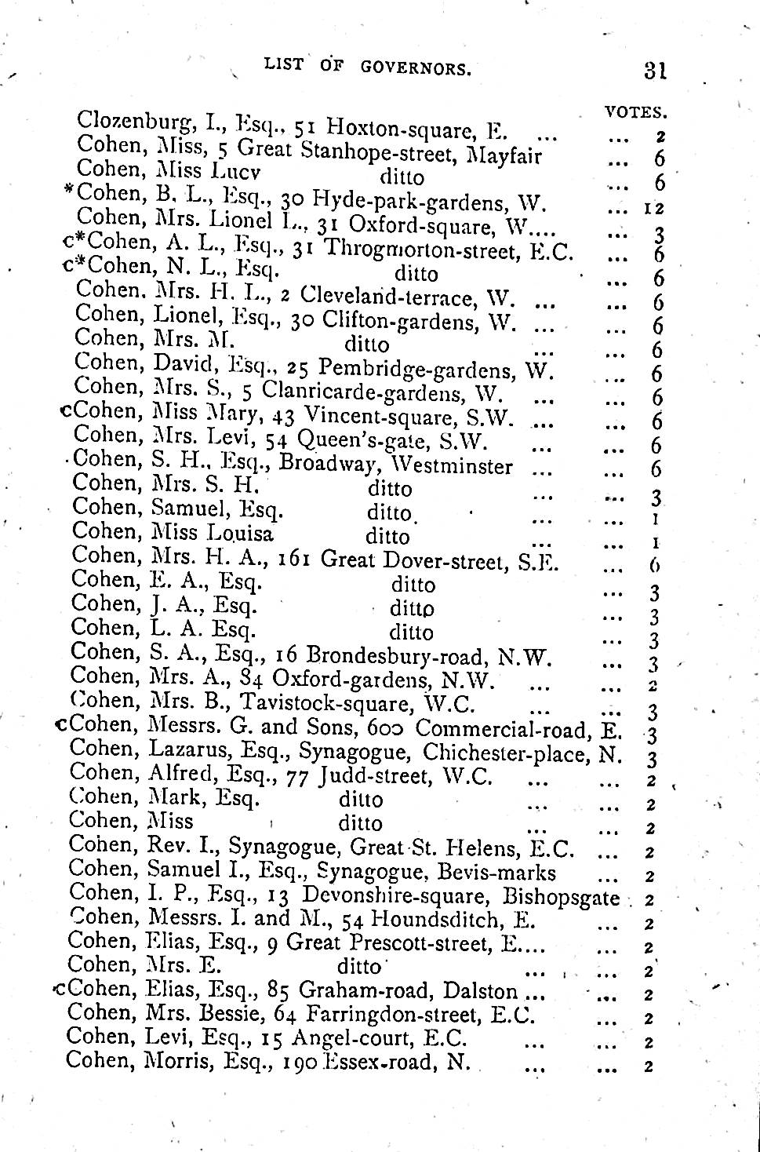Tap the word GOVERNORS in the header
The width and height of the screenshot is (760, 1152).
[416, 67]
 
